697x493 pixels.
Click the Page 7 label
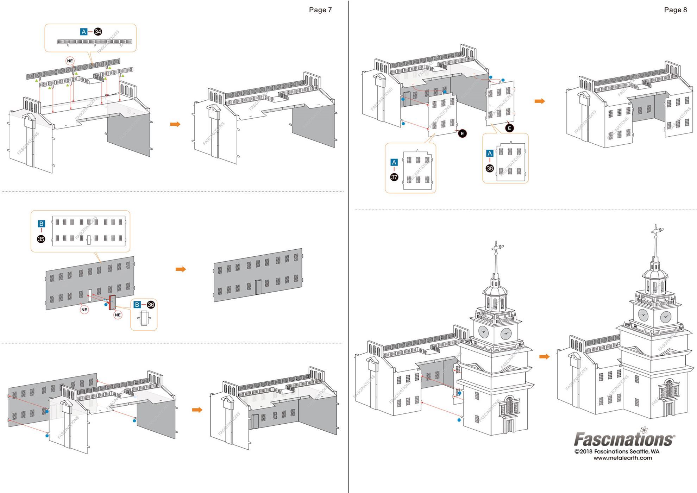[x=320, y=10]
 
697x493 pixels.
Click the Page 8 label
[x=675, y=10]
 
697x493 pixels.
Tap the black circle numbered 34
[x=98, y=32]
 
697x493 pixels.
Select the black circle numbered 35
[x=41, y=239]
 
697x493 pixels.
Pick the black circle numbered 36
[x=151, y=305]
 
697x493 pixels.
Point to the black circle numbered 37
[x=394, y=177]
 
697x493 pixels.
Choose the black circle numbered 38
[x=490, y=168]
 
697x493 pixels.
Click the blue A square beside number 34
[x=83, y=32]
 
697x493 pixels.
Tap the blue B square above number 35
[x=41, y=224]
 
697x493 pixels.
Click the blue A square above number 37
[x=394, y=162]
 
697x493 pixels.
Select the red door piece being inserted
[x=112, y=302]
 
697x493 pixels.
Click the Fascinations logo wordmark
[x=624, y=439]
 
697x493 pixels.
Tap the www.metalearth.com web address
[x=622, y=458]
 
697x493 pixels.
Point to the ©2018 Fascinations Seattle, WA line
[x=617, y=451]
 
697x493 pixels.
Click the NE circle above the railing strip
[x=70, y=61]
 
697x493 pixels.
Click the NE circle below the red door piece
[x=118, y=315]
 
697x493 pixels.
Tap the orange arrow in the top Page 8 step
[x=539, y=101]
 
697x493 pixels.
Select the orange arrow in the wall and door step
[x=181, y=269]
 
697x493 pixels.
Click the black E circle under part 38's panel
[x=509, y=128]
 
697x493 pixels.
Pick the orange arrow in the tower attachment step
[x=544, y=357]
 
